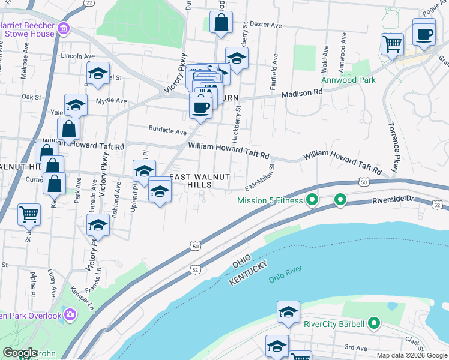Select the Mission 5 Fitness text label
click(x=270, y=200)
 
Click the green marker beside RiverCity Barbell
click(x=374, y=325)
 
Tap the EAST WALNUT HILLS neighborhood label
click(x=200, y=181)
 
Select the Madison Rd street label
click(x=302, y=93)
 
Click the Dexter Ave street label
click(x=265, y=25)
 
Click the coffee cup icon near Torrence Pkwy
click(x=424, y=34)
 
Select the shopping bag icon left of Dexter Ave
click(x=221, y=23)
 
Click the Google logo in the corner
click(x=19, y=353)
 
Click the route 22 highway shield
click(x=89, y=3)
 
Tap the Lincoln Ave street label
click(x=78, y=56)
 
